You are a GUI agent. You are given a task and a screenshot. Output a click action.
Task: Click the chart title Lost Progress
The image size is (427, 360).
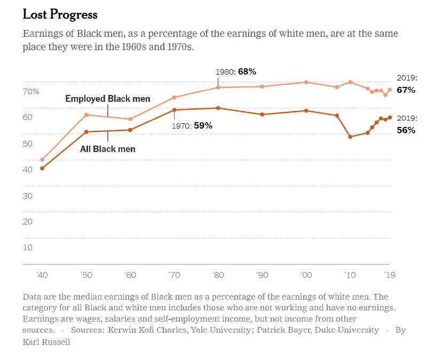click(60, 14)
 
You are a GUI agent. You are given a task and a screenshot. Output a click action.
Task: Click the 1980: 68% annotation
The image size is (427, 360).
click(236, 71)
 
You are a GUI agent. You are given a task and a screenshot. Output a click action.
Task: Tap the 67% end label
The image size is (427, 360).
click(406, 90)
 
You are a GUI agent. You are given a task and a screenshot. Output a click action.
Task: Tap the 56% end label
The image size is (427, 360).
click(406, 130)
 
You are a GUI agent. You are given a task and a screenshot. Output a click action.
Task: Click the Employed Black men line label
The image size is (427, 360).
click(107, 99)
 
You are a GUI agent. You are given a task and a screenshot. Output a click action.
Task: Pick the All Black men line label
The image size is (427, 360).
click(107, 149)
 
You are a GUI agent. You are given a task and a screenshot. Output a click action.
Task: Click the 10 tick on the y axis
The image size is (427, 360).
click(27, 247)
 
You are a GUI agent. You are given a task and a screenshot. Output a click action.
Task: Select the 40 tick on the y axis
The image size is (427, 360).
click(27, 170)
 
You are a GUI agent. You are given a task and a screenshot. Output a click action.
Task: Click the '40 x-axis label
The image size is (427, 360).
click(42, 275)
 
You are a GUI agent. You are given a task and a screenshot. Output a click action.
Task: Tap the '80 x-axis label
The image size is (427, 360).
click(218, 275)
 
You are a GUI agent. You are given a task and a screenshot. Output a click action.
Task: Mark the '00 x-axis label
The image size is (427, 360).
click(306, 275)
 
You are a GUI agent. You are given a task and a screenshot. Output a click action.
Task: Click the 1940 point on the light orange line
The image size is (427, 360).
click(42, 159)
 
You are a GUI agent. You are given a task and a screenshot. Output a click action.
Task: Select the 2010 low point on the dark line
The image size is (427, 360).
click(350, 137)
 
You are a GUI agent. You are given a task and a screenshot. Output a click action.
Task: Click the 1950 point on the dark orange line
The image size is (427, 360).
click(86, 132)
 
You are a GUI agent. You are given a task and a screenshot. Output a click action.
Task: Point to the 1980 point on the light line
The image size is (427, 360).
click(218, 87)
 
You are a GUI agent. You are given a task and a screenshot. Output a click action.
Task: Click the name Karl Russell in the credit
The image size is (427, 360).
click(46, 341)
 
